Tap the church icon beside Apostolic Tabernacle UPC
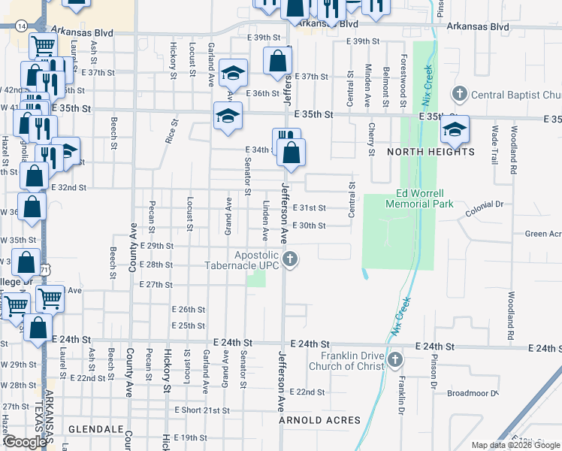coord(291,261)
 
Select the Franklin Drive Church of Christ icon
coord(395,362)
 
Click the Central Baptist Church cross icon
coord(459,95)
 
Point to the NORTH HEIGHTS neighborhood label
coord(431,152)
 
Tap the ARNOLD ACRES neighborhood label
coord(319,420)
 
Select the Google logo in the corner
coord(24,442)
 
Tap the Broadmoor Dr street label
coord(472,393)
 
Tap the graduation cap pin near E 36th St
coord(234,72)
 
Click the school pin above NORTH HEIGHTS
coord(455,129)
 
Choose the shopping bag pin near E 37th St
coord(278,62)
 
